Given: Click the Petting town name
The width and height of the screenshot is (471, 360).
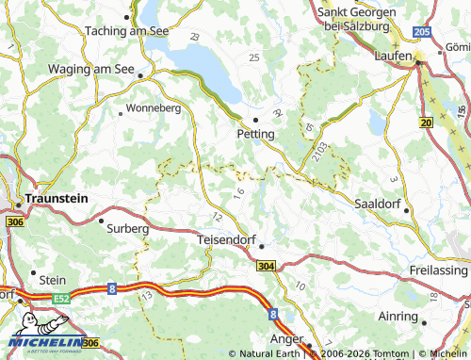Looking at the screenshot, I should [x=255, y=135].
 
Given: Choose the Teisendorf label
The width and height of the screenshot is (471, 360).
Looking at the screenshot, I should [x=229, y=239].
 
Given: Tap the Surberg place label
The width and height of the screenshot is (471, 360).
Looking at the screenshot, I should [x=128, y=228].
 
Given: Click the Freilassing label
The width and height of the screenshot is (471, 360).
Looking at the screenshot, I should [x=439, y=270].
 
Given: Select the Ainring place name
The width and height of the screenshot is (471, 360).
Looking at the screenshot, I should [x=392, y=315].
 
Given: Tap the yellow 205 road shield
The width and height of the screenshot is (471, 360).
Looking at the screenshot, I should [x=421, y=32].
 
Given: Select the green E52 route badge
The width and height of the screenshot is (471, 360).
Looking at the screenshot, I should [x=59, y=298].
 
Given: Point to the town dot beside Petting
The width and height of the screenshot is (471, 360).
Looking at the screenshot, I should [x=255, y=120].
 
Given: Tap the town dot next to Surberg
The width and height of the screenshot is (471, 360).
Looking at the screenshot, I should [x=101, y=221].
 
